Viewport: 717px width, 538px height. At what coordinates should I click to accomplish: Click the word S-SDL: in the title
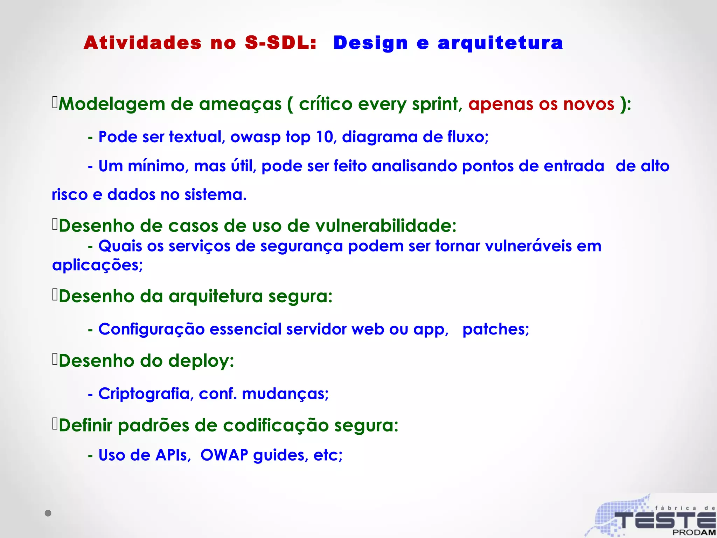pos(280,43)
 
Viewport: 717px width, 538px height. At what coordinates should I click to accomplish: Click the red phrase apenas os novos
pos(541,104)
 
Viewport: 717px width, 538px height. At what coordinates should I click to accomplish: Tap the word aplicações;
pos(97,265)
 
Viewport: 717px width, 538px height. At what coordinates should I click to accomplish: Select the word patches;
pos(495,329)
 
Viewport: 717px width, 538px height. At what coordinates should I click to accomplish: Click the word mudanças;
pos(285,394)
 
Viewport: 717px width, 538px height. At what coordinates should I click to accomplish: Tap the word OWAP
pos(224,455)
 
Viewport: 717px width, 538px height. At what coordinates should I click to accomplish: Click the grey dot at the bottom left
pos(48,513)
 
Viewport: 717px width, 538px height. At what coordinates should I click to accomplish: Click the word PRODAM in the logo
pos(694,532)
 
